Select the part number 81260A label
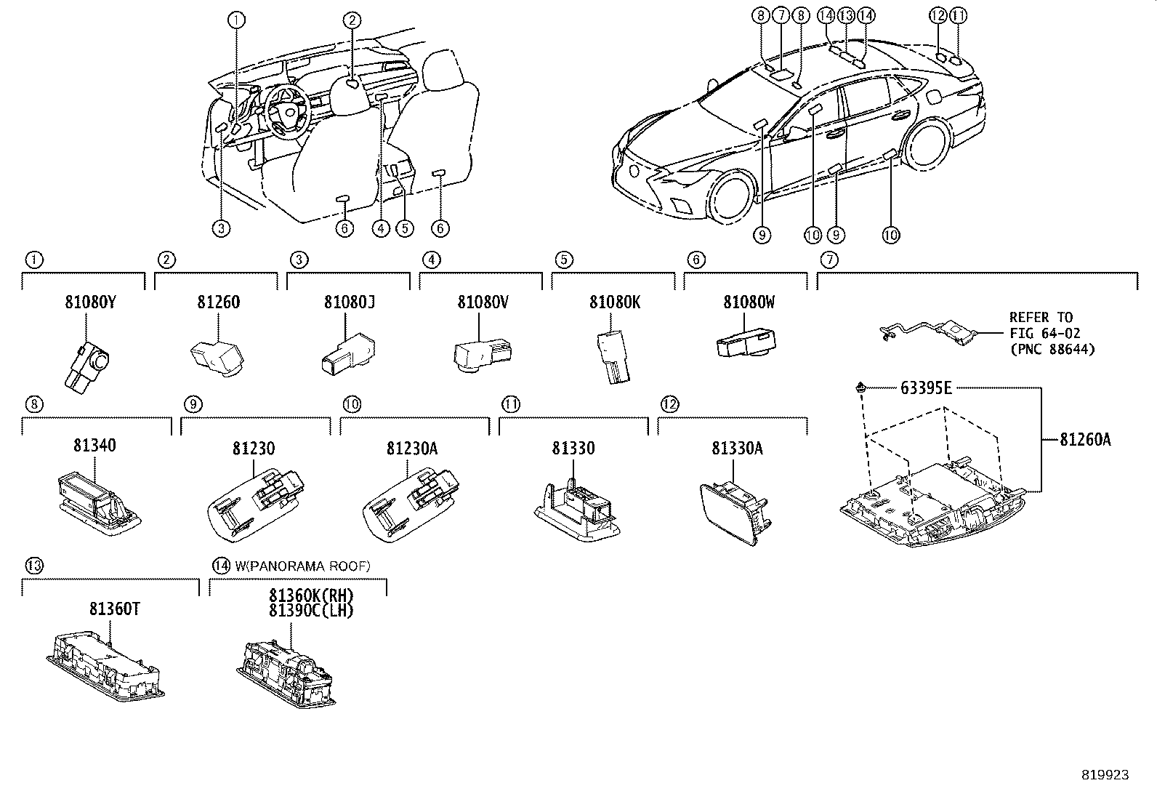pyautogui.click(x=1084, y=439)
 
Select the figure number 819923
pyautogui.click(x=1105, y=775)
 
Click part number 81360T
pyautogui.click(x=115, y=609)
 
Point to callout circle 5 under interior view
pyautogui.click(x=405, y=228)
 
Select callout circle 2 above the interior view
pyautogui.click(x=352, y=20)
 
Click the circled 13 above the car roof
pyautogui.click(x=845, y=15)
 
